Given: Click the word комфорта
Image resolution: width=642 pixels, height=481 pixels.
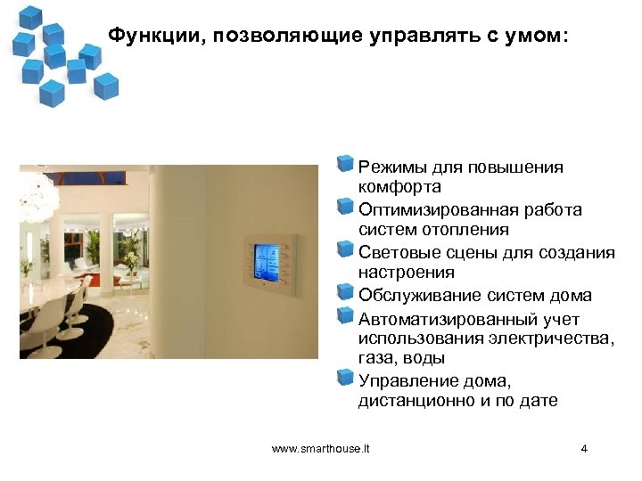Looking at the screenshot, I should click(399, 188).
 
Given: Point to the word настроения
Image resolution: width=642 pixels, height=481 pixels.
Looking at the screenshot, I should click(406, 273).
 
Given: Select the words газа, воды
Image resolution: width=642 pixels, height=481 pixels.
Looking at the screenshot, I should click(401, 358).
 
